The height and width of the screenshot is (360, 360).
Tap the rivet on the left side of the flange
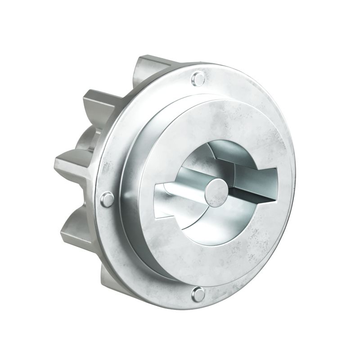107,199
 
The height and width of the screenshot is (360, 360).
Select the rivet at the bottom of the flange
198,295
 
